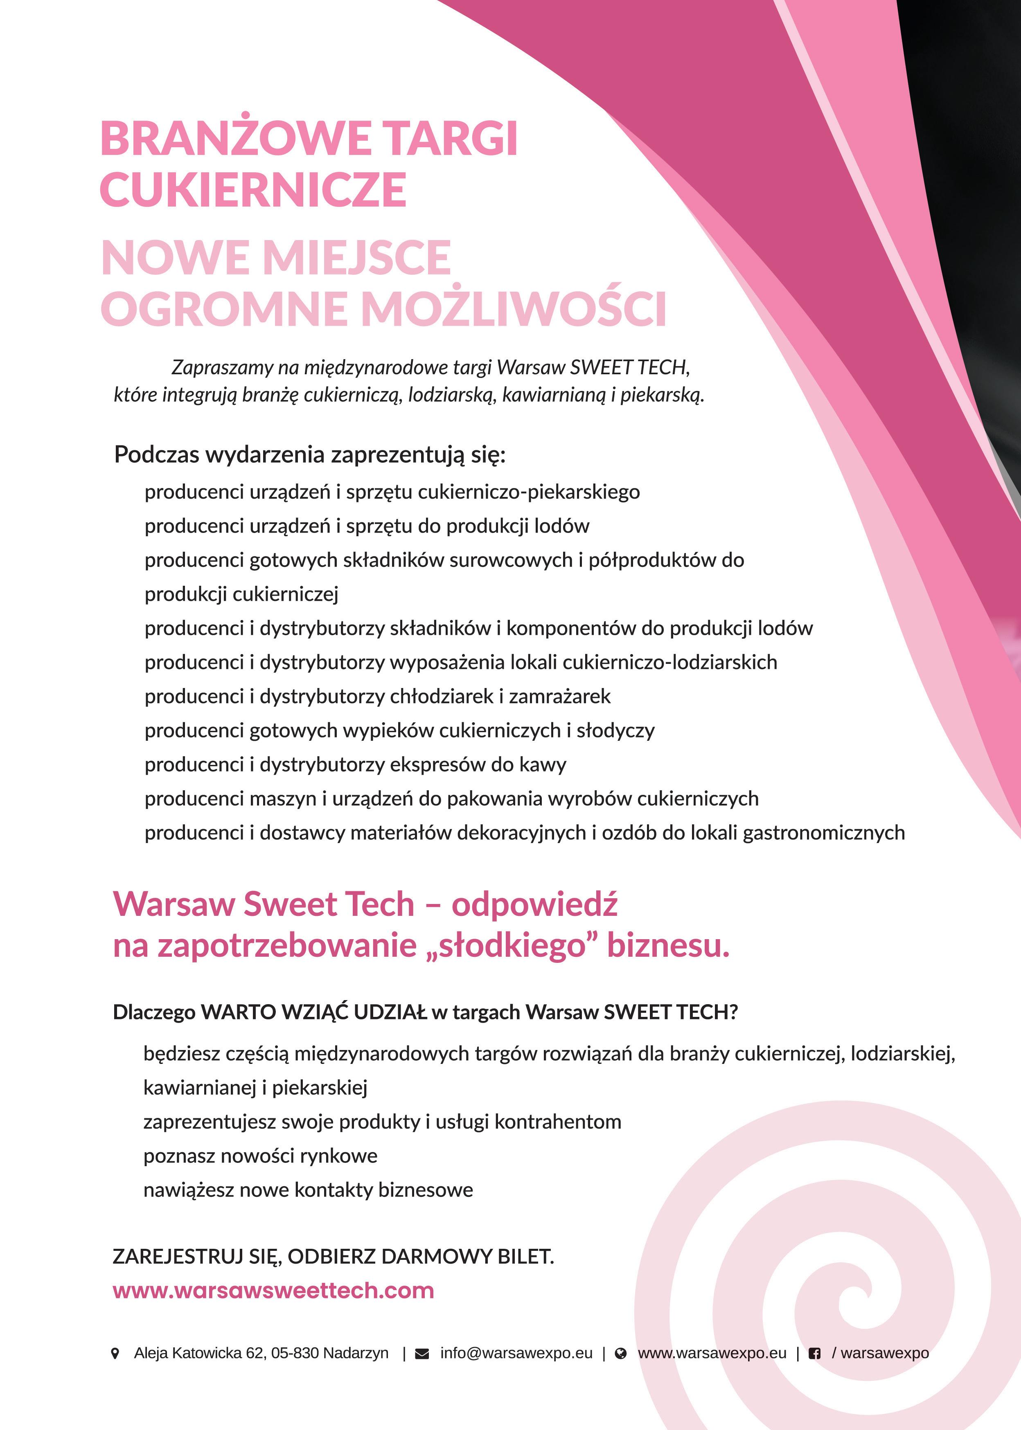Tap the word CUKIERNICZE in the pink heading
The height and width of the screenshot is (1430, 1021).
253,190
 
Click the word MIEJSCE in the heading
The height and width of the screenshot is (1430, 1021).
357,258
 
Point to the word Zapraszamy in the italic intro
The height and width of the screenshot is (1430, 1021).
223,368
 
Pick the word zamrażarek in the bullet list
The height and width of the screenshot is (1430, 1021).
559,696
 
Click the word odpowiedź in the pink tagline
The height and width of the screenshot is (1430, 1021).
534,905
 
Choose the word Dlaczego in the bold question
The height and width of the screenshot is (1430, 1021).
154,1012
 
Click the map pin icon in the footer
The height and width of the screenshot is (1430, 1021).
115,1353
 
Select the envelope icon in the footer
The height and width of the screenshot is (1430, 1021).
422,1353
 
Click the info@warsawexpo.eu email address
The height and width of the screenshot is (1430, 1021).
516,1353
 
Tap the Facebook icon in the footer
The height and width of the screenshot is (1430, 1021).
814,1353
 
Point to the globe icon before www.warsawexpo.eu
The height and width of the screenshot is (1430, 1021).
620,1353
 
